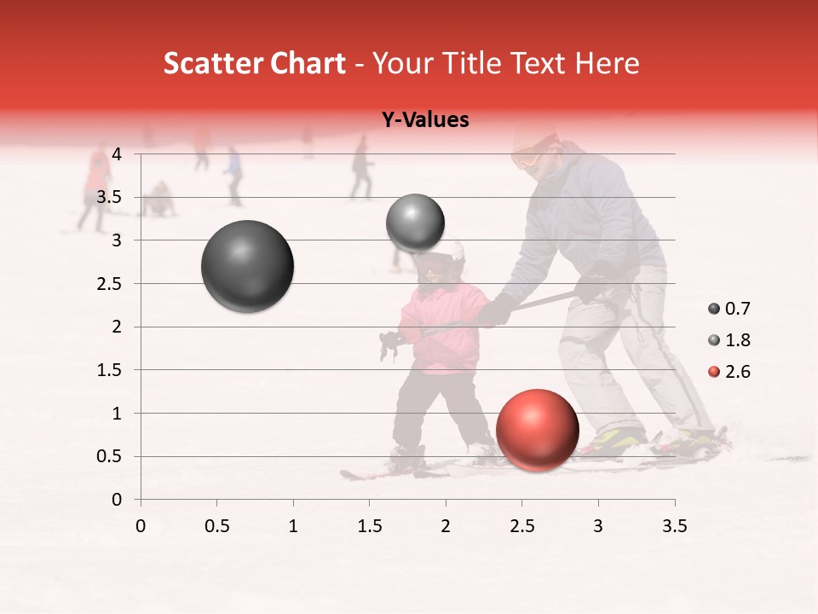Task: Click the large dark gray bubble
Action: [248, 266]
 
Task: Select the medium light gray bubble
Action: [415, 223]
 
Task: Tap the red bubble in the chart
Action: [537, 430]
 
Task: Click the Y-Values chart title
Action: [425, 120]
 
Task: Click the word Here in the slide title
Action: [606, 63]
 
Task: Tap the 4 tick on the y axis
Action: [117, 154]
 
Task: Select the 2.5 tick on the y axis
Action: [110, 283]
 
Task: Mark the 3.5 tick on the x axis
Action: [674, 526]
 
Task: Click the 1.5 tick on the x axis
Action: [369, 526]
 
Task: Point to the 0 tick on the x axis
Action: [141, 526]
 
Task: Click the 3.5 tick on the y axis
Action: [110, 197]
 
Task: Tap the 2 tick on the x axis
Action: [446, 526]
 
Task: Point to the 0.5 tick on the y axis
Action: [110, 456]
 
